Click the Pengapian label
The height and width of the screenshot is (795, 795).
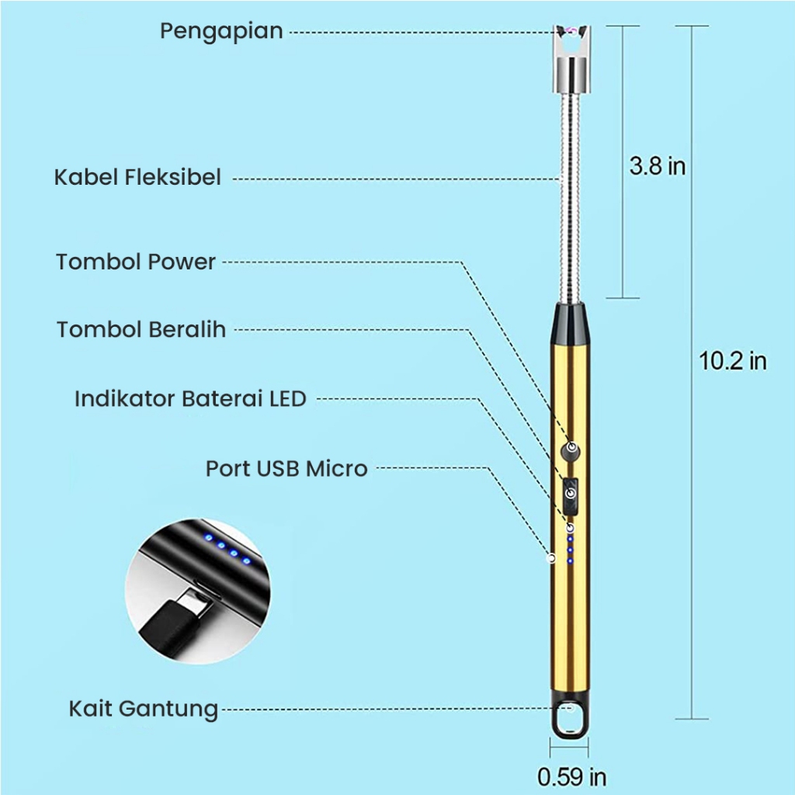221,32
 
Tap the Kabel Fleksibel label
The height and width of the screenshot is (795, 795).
137,177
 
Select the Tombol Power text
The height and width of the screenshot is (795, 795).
135,262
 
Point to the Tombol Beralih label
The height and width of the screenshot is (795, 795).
141,329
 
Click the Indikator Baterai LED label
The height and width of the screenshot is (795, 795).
190,399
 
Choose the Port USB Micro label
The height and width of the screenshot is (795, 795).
286,469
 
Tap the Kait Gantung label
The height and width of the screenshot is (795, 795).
144,709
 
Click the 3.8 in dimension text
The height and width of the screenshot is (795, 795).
657,166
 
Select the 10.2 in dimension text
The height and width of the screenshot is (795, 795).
732,361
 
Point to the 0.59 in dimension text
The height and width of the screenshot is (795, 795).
571,776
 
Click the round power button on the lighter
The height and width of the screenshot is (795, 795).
572,448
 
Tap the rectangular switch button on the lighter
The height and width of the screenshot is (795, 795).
571,495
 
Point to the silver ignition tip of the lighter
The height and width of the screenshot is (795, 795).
571,54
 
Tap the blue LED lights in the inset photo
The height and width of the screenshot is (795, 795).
227,548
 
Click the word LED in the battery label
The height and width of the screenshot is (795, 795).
288,399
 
